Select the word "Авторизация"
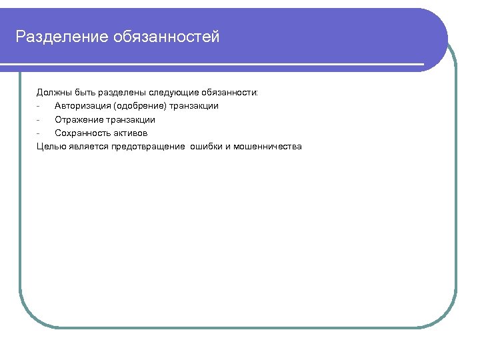(x=83, y=106)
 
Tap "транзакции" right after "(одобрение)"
(x=194, y=106)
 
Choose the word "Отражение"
(x=78, y=120)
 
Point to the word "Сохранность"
(x=83, y=133)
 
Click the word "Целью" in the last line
(x=51, y=147)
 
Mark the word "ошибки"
(x=206, y=147)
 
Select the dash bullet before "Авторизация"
(x=39, y=106)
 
